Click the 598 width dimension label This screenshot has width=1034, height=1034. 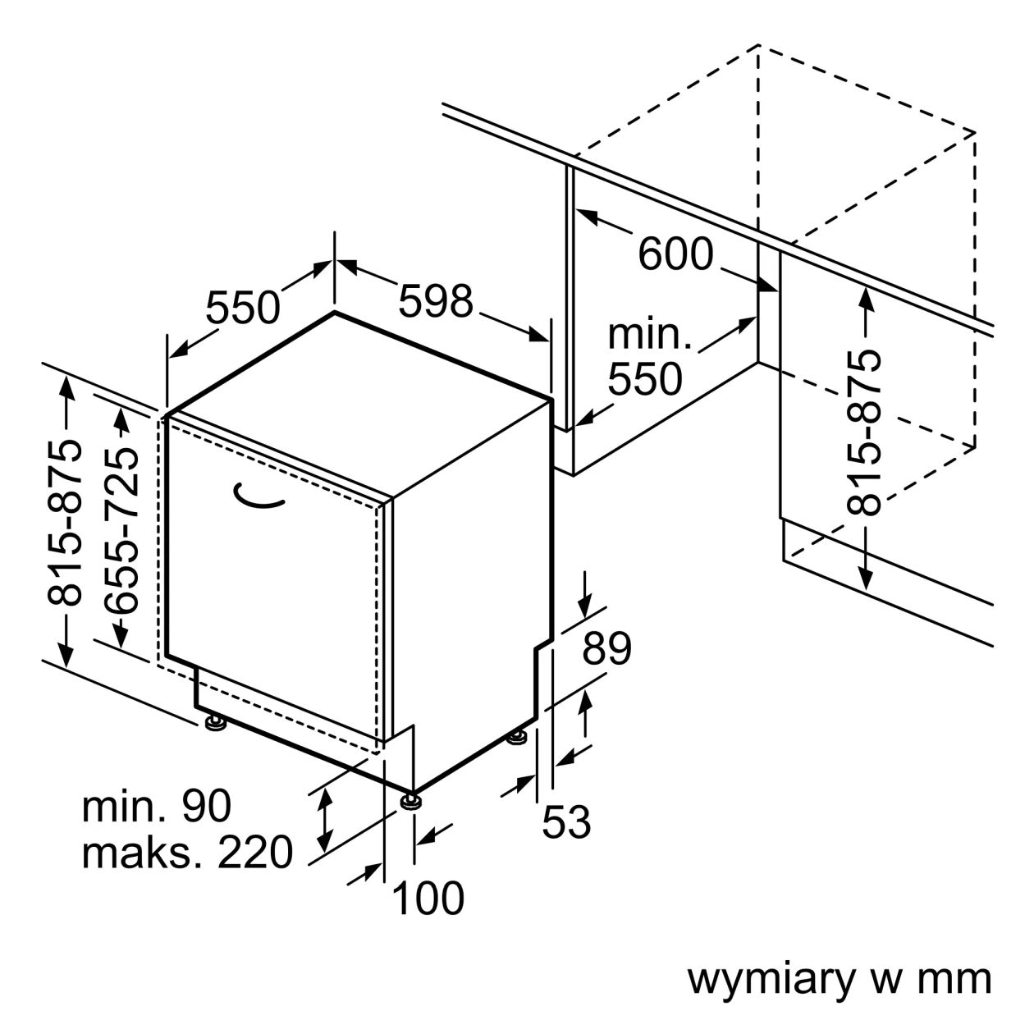pos(436,301)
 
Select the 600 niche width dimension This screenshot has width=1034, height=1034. pos(675,254)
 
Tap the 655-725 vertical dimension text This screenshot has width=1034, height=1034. pos(121,531)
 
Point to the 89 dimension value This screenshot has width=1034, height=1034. pos(606,648)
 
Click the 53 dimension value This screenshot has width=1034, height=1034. pos(566,821)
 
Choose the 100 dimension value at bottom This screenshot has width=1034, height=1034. pos(428,898)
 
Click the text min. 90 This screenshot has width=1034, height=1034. pos(156,807)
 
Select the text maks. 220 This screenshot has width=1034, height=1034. pos(187,853)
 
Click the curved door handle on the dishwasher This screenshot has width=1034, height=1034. pos(257,496)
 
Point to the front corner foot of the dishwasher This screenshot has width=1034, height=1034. pos(409,799)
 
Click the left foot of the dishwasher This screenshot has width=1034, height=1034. pos(215,723)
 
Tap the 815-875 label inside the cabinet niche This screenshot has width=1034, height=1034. pos(863,432)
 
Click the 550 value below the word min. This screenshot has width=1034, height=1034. pos(645,379)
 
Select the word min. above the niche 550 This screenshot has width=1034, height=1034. pos(649,335)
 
